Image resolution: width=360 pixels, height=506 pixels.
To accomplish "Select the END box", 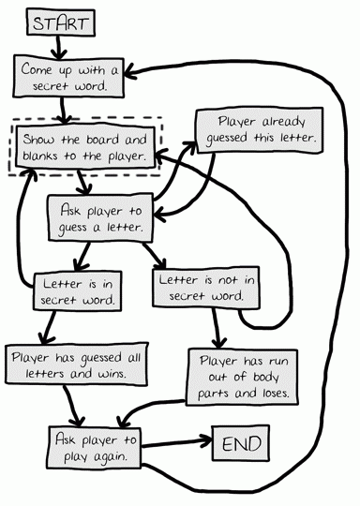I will (241, 442).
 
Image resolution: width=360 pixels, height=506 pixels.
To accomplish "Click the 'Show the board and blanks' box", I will (83, 147).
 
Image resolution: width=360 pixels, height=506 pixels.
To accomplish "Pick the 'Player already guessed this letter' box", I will (260, 130).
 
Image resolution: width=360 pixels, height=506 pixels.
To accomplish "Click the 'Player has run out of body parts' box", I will (243, 375).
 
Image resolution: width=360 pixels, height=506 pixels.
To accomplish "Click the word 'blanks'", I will (44, 156).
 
